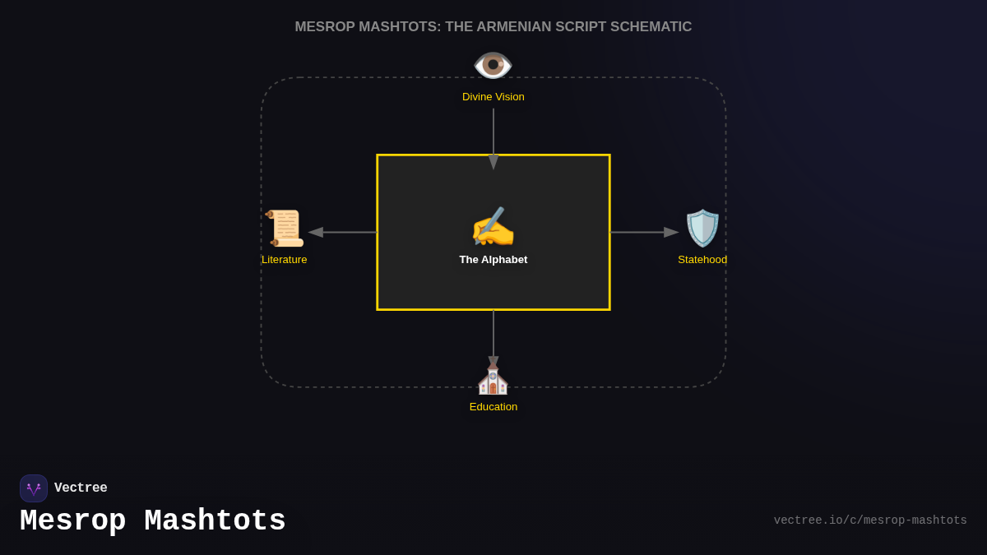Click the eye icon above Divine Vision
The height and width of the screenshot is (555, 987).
click(493, 65)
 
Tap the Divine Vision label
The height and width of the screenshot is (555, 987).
click(493, 97)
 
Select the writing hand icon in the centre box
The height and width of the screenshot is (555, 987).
click(493, 228)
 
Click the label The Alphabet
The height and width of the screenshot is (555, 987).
click(493, 260)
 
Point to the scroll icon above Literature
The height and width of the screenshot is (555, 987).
click(285, 228)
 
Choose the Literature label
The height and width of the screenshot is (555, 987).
click(285, 260)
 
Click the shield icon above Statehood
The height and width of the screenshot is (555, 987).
click(702, 228)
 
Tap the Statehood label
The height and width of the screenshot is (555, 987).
click(702, 260)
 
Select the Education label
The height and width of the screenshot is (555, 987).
click(493, 407)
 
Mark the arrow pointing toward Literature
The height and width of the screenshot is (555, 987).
click(342, 233)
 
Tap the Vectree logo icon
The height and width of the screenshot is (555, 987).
click(34, 488)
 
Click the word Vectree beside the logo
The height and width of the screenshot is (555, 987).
click(81, 488)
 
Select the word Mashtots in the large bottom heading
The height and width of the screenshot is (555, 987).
click(215, 521)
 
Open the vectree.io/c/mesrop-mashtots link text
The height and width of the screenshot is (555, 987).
click(870, 520)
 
